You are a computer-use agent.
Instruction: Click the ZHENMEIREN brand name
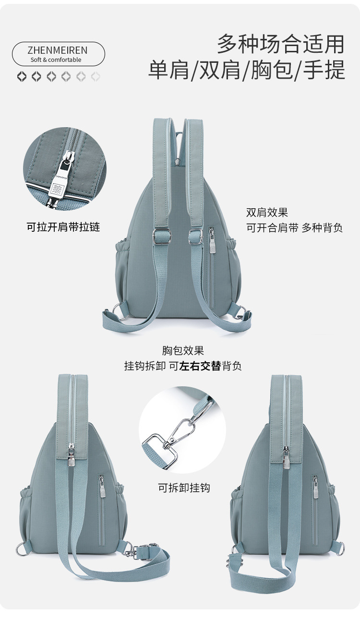58,50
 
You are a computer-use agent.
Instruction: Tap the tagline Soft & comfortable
56,60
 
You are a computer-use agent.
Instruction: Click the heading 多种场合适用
280,44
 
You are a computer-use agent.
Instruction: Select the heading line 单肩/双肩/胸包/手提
247,70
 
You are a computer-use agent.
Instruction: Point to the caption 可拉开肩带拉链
63,227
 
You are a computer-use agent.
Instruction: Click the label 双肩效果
267,213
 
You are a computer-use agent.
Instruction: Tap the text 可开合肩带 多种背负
294,228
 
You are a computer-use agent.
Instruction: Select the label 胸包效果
183,351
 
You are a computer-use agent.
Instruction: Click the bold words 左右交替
200,366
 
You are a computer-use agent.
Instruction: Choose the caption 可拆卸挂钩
184,488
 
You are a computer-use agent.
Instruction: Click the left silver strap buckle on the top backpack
159,235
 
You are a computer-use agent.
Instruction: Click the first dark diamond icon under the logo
22,76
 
